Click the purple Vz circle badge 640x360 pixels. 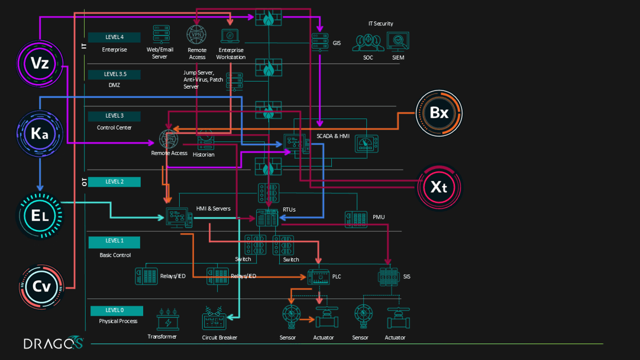[x=39, y=63]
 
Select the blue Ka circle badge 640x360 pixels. [x=39, y=134]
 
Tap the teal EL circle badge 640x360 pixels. [x=39, y=216]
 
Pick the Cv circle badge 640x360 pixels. [x=41, y=287]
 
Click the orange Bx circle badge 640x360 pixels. [x=438, y=113]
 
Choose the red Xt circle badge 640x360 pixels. [x=438, y=187]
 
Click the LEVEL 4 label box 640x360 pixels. [x=114, y=37]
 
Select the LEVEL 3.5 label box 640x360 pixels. [x=114, y=74]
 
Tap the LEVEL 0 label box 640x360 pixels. [x=117, y=310]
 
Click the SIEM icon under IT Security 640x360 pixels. [x=397, y=42]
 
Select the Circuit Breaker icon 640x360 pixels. [x=214, y=320]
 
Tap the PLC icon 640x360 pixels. [x=318, y=277]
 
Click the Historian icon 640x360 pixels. [x=205, y=140]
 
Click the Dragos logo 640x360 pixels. [x=53, y=343]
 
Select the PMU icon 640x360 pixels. [x=356, y=219]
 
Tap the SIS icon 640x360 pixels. [x=389, y=277]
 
